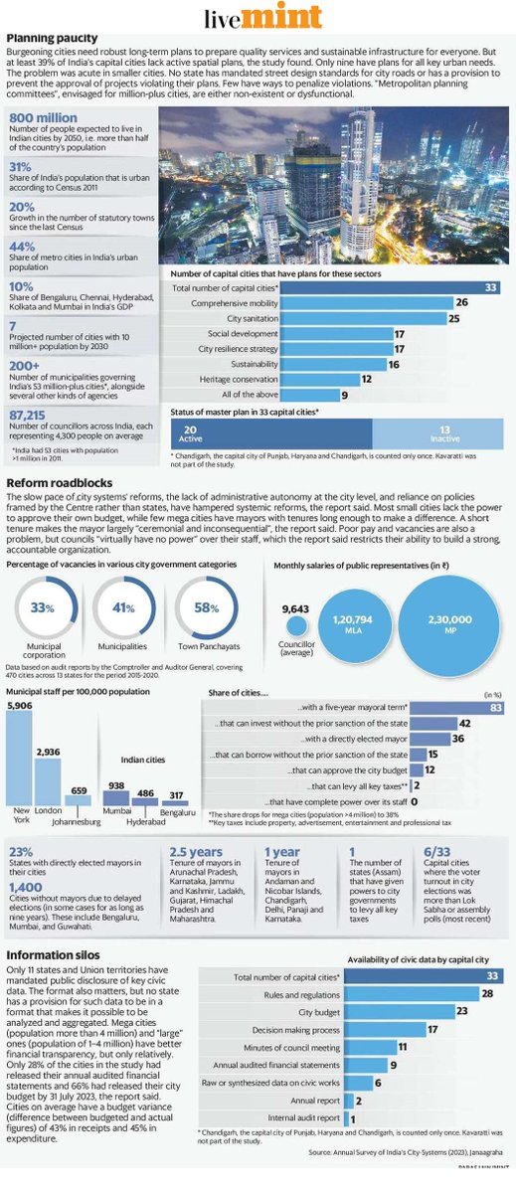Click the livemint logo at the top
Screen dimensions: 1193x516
point(258,18)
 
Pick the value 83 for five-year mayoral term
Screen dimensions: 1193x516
point(495,707)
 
